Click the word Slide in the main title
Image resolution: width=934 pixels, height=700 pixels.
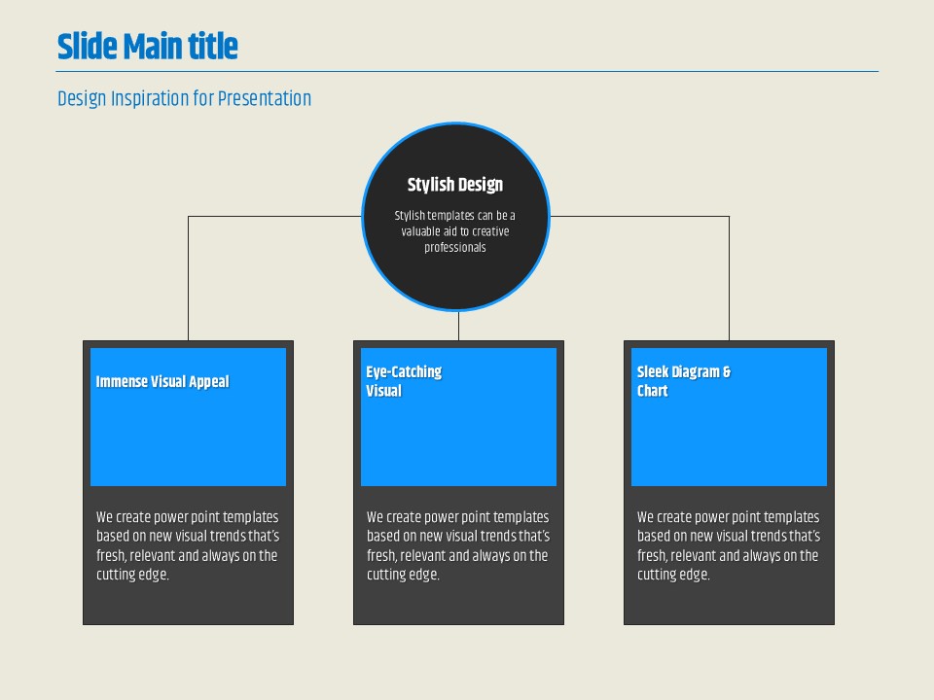(87, 47)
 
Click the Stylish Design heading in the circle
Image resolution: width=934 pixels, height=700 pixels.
(455, 185)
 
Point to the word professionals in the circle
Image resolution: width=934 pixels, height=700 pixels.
(455, 248)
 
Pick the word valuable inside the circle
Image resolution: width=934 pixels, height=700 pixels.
(420, 231)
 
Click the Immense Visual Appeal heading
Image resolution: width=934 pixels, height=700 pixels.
(162, 381)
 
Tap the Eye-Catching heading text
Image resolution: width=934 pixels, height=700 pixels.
(404, 372)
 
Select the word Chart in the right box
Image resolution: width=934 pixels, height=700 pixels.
(652, 391)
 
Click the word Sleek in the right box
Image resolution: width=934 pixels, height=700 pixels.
(653, 372)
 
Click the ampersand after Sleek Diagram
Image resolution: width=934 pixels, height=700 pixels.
(727, 372)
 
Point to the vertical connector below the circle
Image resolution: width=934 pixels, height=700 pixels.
(458, 326)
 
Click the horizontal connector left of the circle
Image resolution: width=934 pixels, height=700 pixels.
(274, 216)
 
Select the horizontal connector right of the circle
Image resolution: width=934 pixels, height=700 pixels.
(640, 216)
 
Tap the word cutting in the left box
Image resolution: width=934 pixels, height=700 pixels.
(114, 575)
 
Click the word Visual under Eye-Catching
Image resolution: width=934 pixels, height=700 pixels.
(383, 391)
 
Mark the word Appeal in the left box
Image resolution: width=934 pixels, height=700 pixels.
(209, 381)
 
